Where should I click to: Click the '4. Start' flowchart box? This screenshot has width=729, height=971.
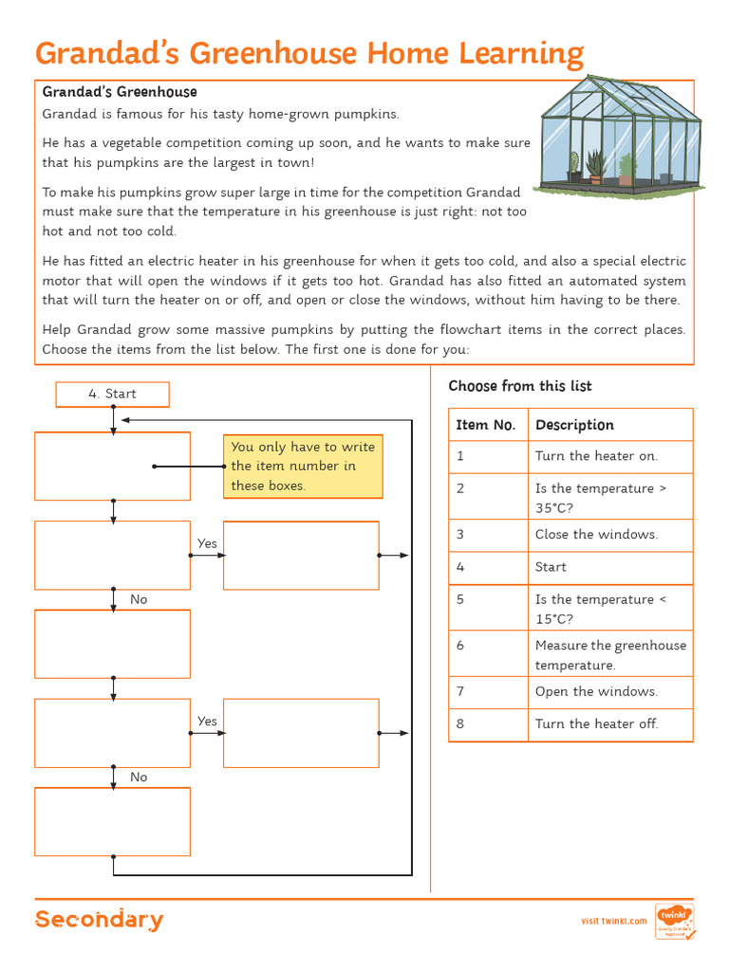click(x=112, y=394)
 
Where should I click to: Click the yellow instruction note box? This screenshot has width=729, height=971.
click(x=303, y=467)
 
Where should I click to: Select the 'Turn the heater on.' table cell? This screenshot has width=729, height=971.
click(x=609, y=456)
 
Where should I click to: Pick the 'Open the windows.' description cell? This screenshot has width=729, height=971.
click(x=609, y=691)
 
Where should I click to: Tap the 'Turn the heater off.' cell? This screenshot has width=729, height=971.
click(x=609, y=724)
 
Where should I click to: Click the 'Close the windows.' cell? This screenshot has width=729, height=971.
click(x=609, y=535)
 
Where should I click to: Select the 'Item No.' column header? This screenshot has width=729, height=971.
click(x=486, y=425)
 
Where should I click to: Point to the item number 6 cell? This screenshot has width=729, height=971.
click(x=487, y=654)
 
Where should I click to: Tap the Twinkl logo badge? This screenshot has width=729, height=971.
click(x=674, y=920)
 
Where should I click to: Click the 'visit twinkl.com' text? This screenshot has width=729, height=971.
click(x=613, y=921)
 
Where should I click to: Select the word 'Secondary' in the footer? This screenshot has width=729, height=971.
click(x=99, y=920)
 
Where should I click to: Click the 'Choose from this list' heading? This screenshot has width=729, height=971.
click(x=519, y=386)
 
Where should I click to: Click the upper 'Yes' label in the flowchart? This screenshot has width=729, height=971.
click(x=207, y=543)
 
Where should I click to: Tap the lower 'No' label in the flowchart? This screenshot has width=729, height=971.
click(x=139, y=777)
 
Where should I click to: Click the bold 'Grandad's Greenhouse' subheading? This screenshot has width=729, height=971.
click(x=120, y=92)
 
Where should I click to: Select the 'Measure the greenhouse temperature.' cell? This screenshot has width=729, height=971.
click(x=609, y=654)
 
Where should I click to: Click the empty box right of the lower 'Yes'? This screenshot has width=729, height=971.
click(x=301, y=733)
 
